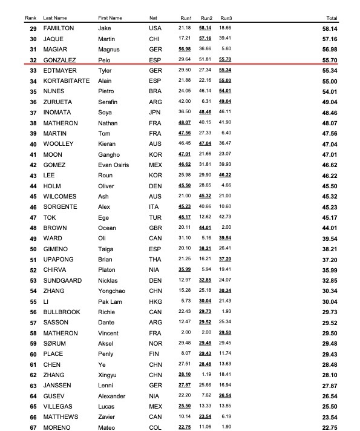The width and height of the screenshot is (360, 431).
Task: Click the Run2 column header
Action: point(206,18)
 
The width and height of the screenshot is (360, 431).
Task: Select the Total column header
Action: point(332,18)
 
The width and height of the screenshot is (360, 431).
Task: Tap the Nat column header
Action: point(153,18)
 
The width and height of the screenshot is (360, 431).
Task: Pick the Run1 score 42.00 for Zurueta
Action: point(185,102)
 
